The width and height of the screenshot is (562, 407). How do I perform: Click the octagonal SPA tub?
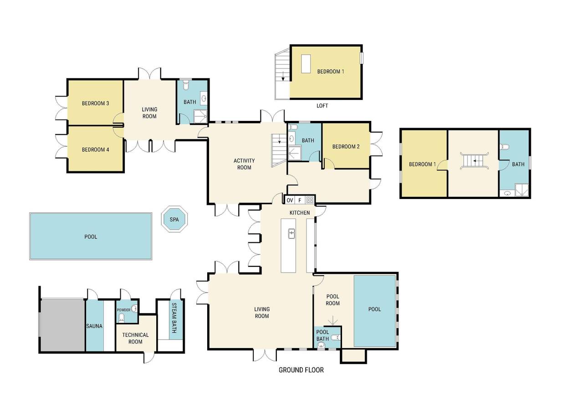pos(174,219)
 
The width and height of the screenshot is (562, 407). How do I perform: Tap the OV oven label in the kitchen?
pos(290,200)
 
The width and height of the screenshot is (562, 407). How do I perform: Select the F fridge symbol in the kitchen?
pos(300,200)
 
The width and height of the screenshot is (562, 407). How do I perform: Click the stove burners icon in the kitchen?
pos(310,200)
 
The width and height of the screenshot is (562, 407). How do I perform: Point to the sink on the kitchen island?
pos(291,234)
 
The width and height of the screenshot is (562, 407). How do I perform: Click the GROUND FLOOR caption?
pos(301,370)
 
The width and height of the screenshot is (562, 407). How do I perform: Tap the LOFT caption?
pos(322,106)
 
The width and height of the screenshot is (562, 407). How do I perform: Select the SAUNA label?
pos(94,326)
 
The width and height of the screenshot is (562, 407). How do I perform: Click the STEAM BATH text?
pos(174,318)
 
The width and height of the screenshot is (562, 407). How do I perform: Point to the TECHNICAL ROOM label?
pos(135,338)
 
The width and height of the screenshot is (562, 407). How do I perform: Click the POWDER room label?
pos(124,310)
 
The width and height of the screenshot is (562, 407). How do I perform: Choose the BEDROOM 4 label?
pos(95,150)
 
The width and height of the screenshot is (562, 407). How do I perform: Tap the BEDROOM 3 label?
pos(95,103)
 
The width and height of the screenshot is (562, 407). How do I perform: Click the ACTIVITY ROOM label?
pos(244,164)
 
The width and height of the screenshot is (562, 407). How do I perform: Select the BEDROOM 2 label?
pos(346,146)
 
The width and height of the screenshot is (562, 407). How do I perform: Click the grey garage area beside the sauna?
pos(63,325)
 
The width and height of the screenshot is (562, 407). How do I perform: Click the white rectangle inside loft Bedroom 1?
pos(306,63)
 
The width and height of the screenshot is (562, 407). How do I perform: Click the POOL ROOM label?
pos(332,300)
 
